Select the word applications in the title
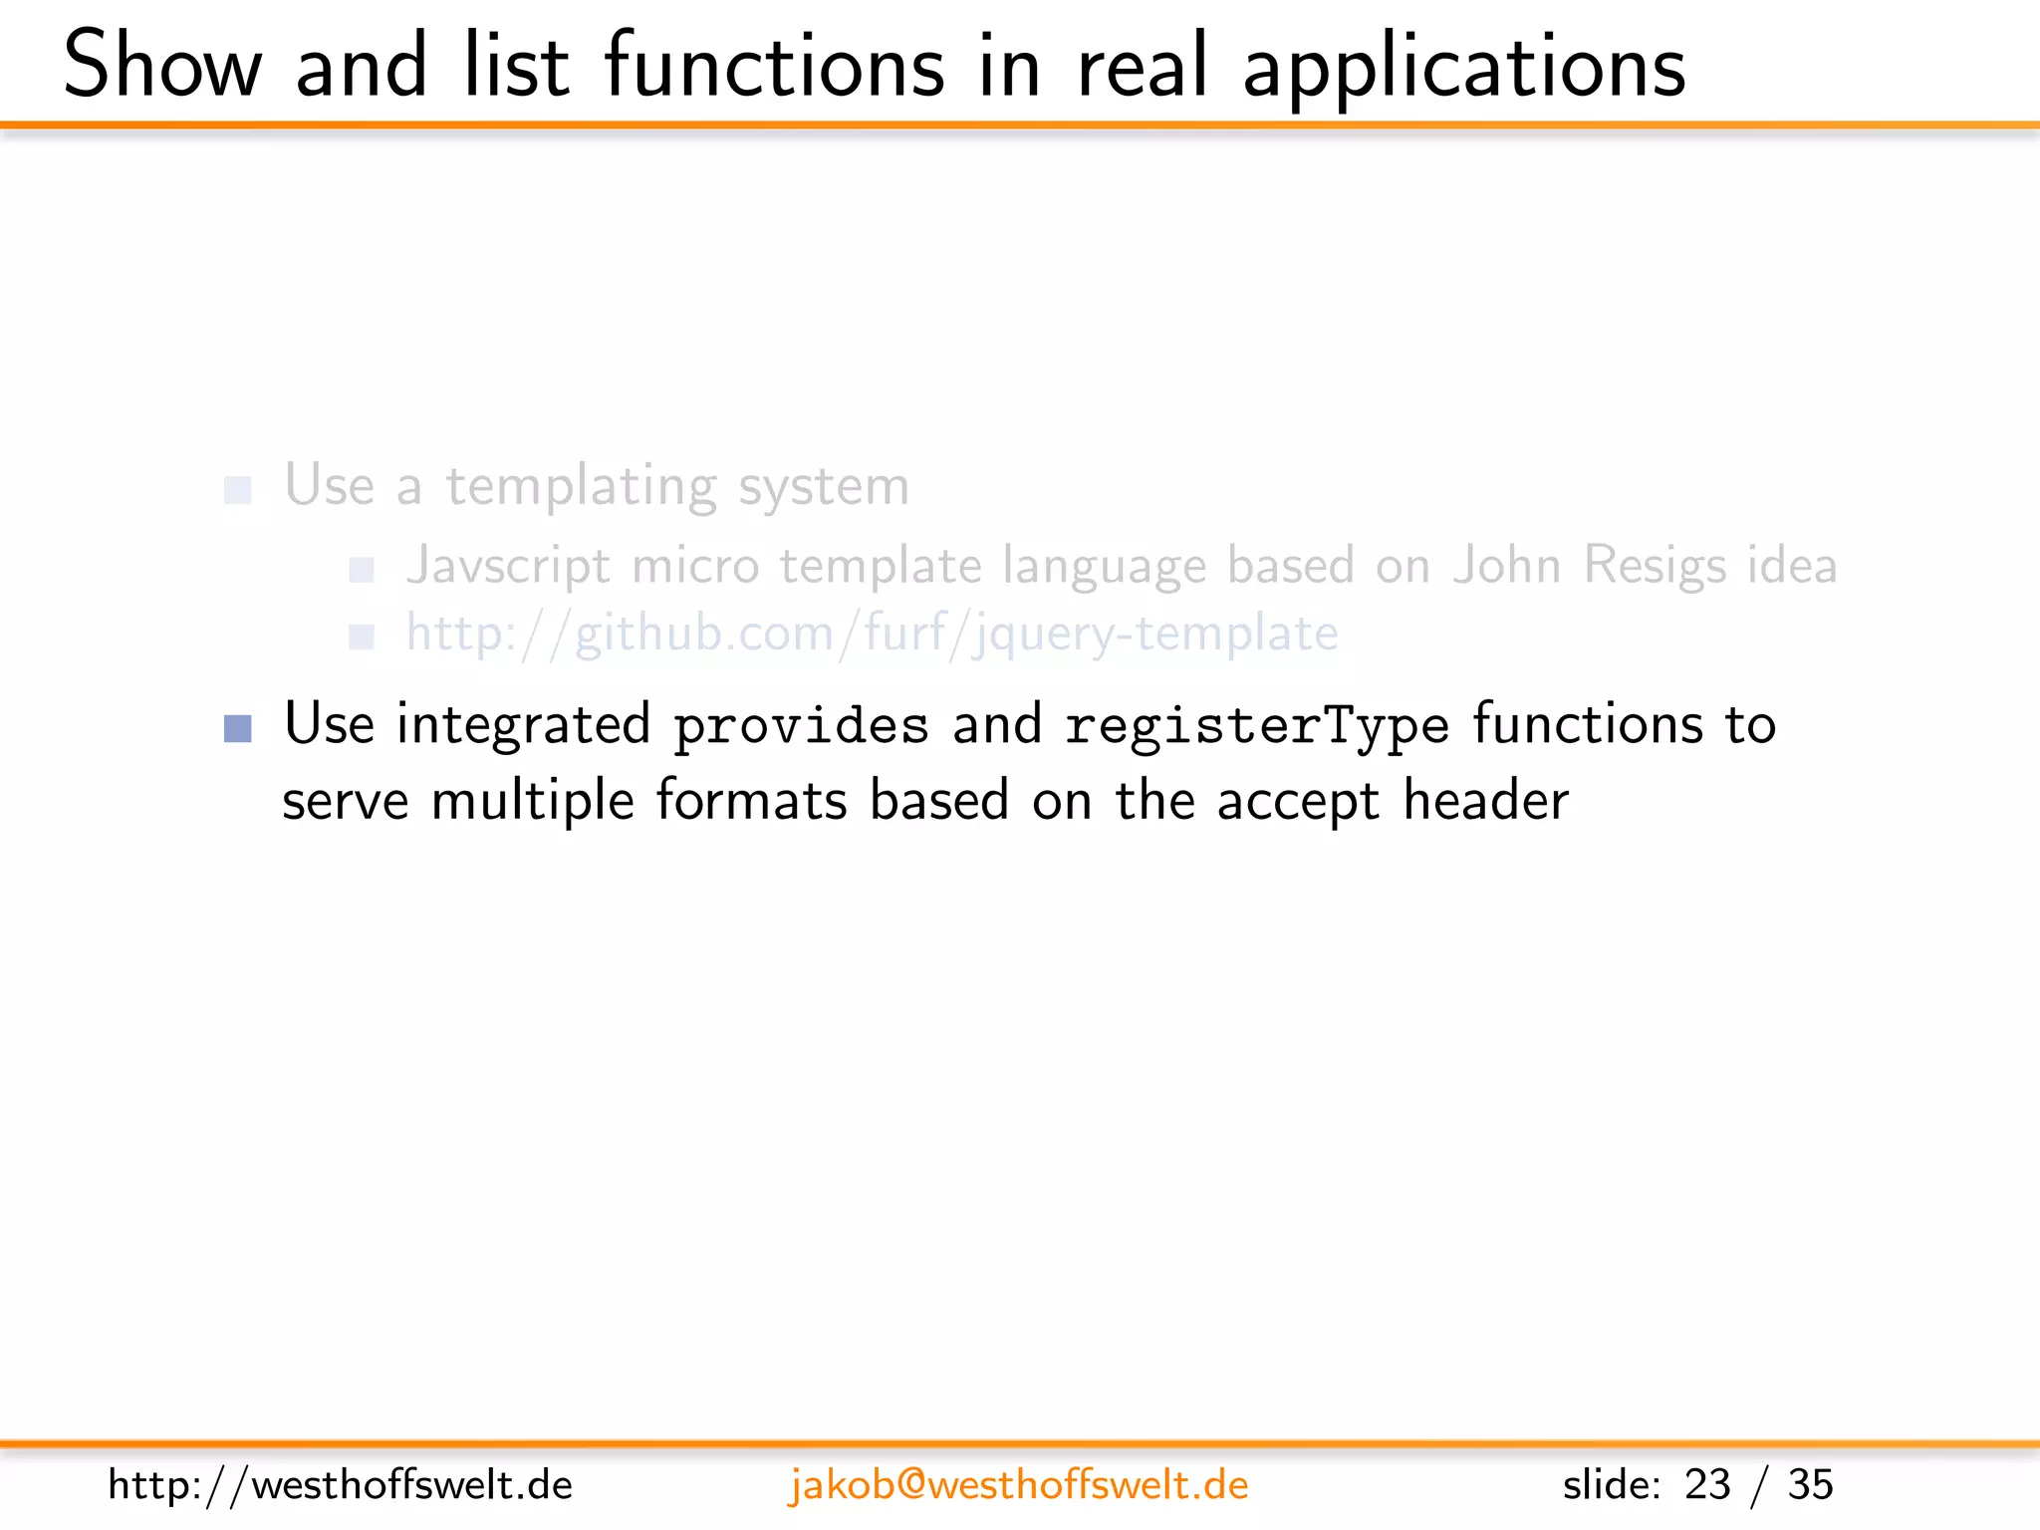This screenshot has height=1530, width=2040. point(1463,68)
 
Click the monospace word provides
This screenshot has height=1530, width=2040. point(801,726)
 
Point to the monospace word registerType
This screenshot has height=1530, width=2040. point(1256,726)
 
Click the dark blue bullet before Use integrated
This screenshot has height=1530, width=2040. point(238,728)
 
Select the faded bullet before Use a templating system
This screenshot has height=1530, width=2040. point(237,490)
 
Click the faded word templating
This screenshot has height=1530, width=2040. point(581,487)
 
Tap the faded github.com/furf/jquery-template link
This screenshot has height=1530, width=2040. point(872,634)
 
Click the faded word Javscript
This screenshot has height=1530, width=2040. point(508,566)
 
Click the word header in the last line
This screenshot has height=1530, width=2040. point(1485,801)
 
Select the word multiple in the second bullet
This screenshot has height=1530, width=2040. point(532,801)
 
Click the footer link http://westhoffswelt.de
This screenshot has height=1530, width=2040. point(340,1485)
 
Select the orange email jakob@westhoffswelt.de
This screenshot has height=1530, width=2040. point(1018,1485)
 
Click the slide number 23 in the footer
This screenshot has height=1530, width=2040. point(1707,1485)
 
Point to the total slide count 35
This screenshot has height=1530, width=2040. point(1810,1485)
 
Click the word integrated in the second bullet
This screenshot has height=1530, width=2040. point(523,725)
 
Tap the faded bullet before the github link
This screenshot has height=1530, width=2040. point(361,637)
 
